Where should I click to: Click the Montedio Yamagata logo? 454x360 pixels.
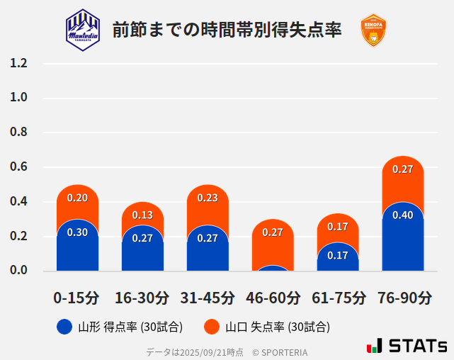83,30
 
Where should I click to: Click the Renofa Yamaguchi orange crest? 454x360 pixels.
373,30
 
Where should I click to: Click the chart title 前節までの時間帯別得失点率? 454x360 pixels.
227,30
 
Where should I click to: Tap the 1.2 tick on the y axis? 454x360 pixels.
18,63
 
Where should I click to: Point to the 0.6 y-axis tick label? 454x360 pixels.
18,167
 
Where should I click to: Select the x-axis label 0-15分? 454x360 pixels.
76,297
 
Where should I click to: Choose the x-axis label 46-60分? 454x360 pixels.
273,297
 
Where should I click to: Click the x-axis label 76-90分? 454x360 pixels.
403,297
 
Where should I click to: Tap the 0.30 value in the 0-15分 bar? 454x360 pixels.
77,232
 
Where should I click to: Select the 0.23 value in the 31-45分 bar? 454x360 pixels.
208,198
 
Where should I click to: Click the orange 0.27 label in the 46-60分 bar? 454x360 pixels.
273,232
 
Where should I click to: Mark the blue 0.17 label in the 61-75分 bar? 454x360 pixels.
338,255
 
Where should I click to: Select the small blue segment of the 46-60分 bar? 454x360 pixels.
273,269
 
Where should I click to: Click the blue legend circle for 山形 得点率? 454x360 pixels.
64,327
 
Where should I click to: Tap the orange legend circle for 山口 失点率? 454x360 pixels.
211,327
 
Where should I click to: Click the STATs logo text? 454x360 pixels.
418,346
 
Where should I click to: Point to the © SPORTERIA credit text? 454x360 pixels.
280,351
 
